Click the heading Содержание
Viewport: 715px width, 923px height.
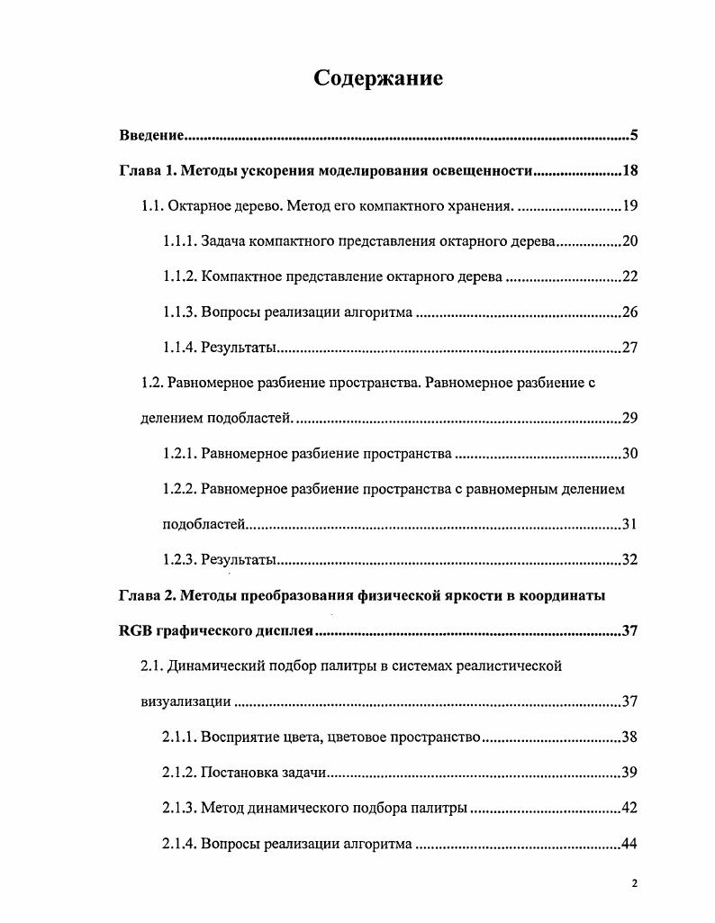(x=378, y=78)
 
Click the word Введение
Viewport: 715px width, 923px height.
(x=152, y=136)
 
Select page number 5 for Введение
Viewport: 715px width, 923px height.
(x=634, y=136)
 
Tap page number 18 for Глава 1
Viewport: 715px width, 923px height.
(x=629, y=171)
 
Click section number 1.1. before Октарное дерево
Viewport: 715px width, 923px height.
(x=152, y=206)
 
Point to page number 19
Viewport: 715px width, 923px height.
(x=629, y=206)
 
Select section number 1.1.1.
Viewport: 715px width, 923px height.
(x=179, y=241)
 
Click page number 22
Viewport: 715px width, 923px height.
(x=629, y=276)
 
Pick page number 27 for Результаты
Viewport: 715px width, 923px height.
(x=629, y=348)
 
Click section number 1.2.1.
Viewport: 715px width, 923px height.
(x=179, y=453)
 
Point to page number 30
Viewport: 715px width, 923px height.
(x=629, y=453)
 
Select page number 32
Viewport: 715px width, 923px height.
(x=629, y=559)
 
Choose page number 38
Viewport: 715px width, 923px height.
(x=629, y=737)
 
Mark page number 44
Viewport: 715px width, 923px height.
(x=629, y=843)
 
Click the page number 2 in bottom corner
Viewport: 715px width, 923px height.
(x=634, y=883)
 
